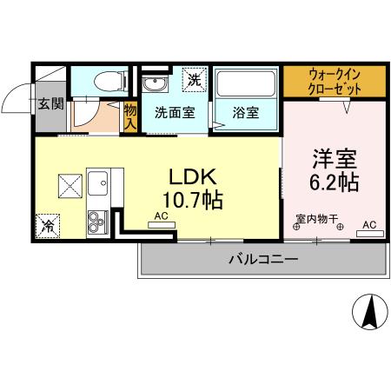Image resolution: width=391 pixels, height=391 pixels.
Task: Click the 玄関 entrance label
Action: click(x=50, y=104)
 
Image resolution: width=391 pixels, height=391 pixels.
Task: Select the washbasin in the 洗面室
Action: click(x=157, y=84)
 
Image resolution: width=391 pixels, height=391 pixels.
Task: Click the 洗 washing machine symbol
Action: click(x=195, y=78)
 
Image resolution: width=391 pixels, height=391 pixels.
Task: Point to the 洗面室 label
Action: click(x=175, y=113)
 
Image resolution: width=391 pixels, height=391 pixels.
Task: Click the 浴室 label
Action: click(x=245, y=113)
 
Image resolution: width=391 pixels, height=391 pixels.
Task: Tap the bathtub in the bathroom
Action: click(x=245, y=84)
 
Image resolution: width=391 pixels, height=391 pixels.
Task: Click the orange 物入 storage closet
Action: click(x=130, y=116)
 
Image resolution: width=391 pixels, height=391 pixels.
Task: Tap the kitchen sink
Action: click(x=96, y=185)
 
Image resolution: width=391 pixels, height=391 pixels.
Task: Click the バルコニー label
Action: click(x=263, y=259)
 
